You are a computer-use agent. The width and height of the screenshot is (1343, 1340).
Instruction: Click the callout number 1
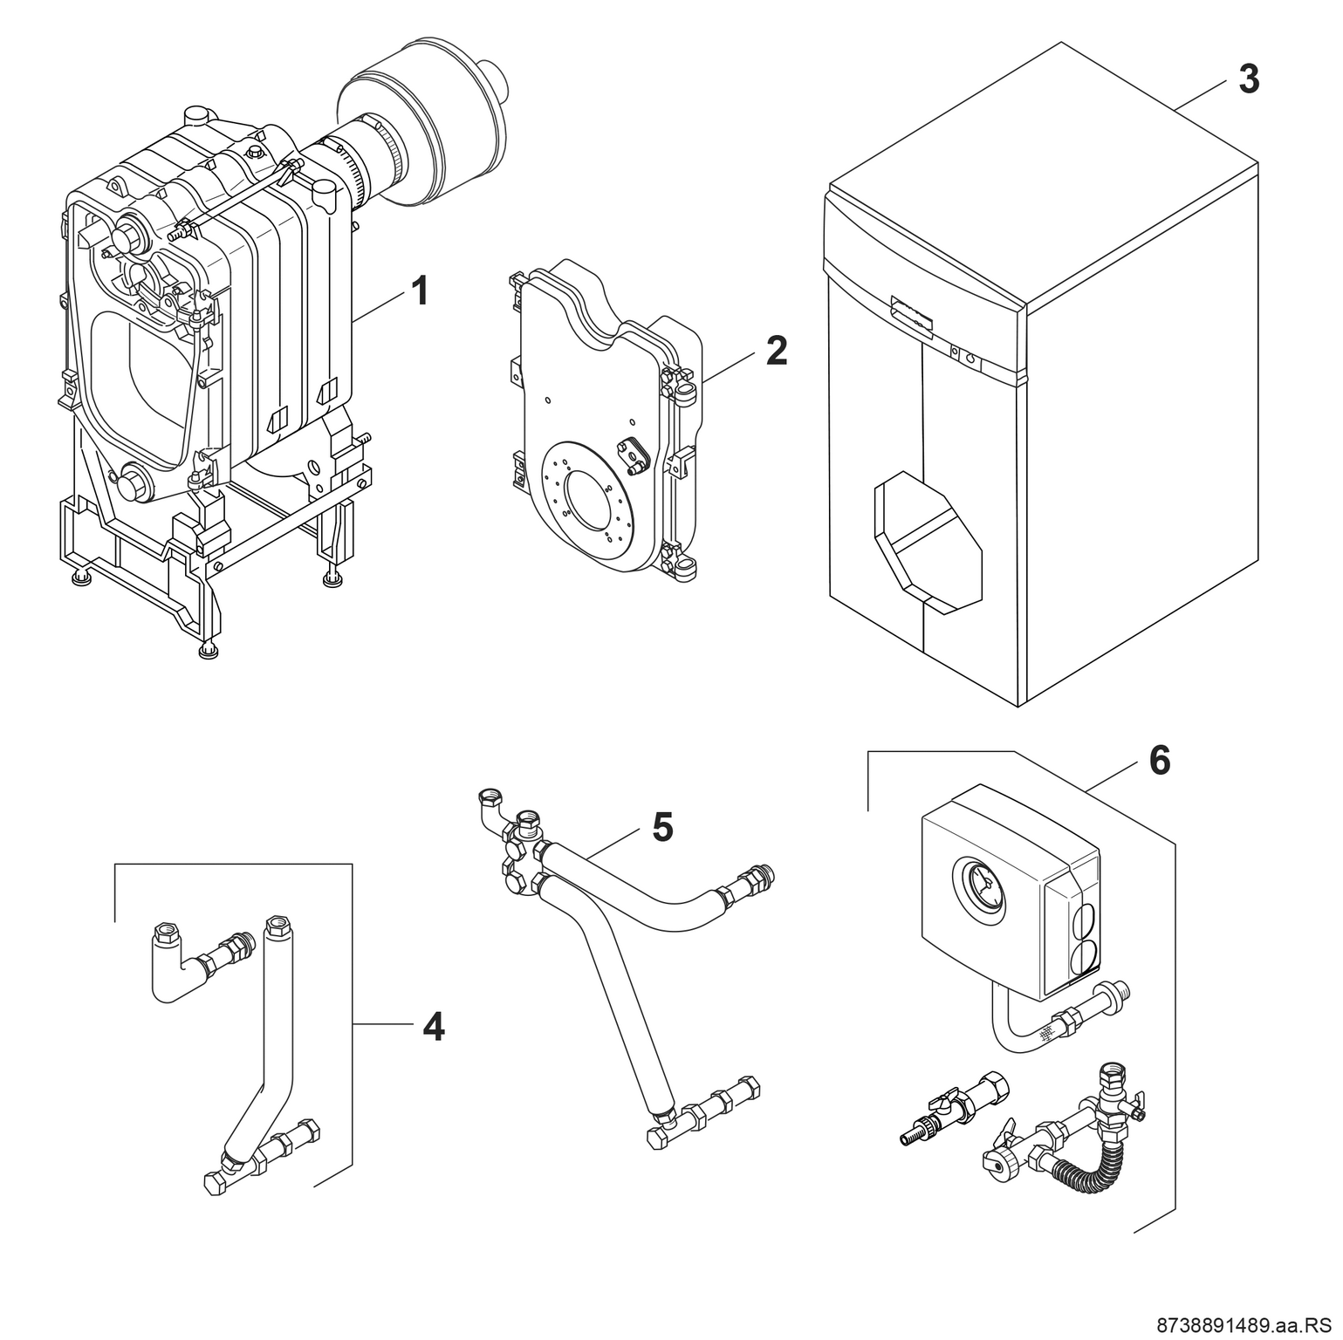tap(420, 291)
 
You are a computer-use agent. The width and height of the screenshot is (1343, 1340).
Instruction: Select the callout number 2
tap(776, 351)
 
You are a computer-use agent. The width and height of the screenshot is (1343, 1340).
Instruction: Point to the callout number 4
tap(433, 1027)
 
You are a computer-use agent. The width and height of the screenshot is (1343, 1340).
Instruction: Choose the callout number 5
tap(662, 827)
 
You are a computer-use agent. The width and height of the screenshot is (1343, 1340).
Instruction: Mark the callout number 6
tap(1159, 761)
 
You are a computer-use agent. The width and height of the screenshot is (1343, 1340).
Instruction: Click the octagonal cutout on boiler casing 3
tap(926, 541)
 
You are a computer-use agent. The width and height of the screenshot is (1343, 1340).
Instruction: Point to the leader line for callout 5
tap(611, 842)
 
